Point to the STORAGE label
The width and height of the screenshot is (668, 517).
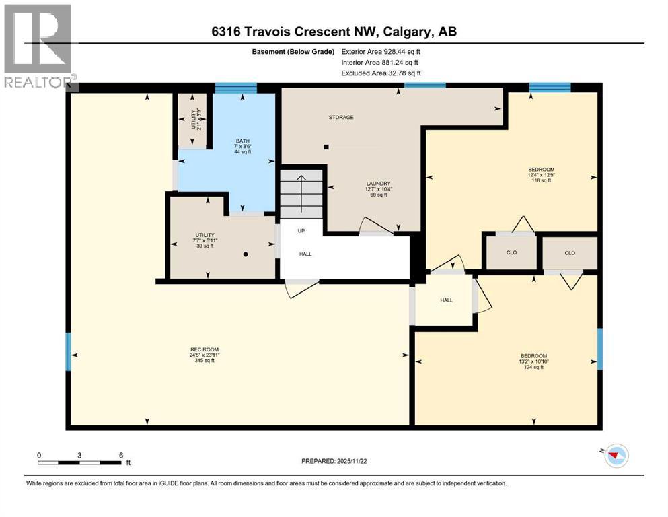pos(341,118)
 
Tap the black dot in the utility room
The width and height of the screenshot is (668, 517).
pos(246,254)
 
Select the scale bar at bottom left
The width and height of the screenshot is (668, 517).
pos(80,462)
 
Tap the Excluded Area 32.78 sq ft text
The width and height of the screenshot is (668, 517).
pos(380,73)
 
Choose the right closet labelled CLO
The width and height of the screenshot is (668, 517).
pos(570,253)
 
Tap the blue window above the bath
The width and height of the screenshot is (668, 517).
pos(235,87)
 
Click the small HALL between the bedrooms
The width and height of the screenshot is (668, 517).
pos(447,300)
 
